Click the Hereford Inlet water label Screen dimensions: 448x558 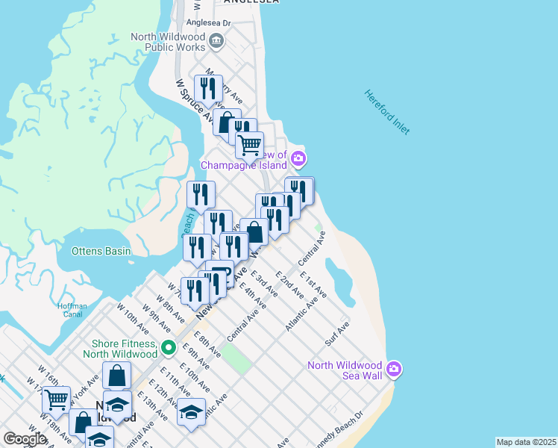point(387,112)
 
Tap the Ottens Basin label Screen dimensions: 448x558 point(101,252)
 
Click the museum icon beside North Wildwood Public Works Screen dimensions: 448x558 point(216,40)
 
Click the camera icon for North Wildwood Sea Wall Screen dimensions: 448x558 point(394,369)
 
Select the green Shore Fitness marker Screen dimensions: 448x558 point(169,347)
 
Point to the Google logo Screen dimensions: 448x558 point(25,439)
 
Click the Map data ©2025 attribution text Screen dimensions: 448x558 point(526,442)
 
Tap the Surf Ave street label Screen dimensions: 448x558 point(337,333)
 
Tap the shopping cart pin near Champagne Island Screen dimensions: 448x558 point(250,144)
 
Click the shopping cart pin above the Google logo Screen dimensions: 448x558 point(56,399)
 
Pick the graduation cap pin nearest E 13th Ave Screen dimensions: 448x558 point(192,412)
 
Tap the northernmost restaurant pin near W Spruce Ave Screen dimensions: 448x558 point(208,88)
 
